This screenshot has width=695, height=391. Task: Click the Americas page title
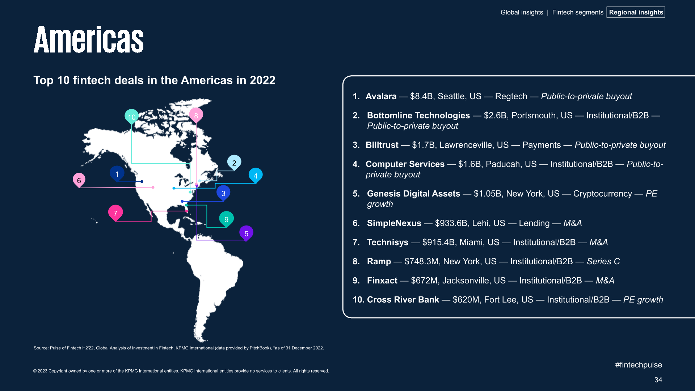point(89,39)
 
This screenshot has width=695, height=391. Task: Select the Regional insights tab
point(636,12)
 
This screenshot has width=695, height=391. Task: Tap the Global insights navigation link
point(522,12)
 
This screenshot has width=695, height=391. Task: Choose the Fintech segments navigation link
point(577,12)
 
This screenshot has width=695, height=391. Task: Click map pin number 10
point(131,117)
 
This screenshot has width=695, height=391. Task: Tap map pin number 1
point(117,174)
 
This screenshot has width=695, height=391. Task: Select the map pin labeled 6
point(79,180)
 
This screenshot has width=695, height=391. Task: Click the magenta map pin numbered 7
point(115,213)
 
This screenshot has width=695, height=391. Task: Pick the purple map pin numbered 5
point(246,233)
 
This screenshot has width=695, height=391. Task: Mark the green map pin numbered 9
point(226,219)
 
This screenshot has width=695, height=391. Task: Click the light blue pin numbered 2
point(234,163)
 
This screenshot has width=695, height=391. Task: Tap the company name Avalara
point(381,96)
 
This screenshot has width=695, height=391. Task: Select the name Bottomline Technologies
point(418,115)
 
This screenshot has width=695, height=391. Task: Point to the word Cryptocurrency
point(602,194)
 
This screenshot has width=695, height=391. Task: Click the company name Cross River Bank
point(403,300)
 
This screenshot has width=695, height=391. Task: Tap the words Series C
point(603,261)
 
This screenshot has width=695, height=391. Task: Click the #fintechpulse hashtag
point(638,365)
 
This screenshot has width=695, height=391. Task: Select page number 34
point(658,380)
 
